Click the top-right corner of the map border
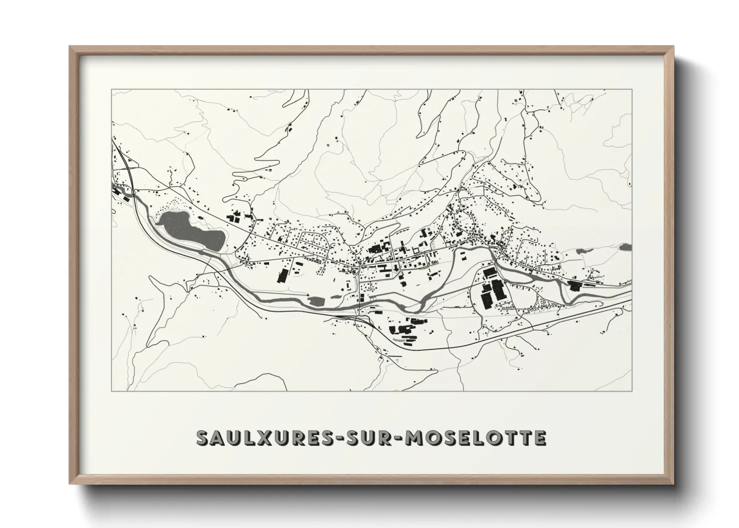click(632, 90)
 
